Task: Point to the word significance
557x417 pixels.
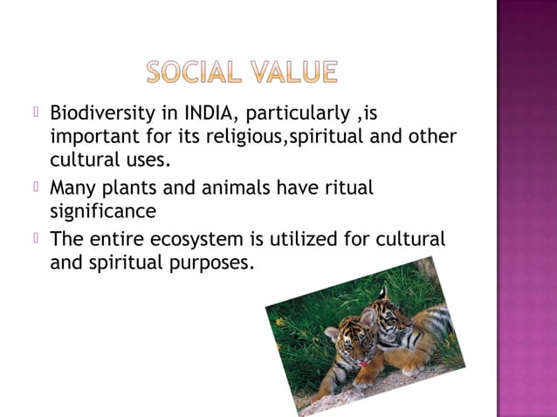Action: click(x=104, y=210)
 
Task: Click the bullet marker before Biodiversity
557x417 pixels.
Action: click(x=37, y=113)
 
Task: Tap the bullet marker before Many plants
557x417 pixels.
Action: click(x=37, y=185)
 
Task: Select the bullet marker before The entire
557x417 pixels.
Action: click(x=37, y=236)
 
